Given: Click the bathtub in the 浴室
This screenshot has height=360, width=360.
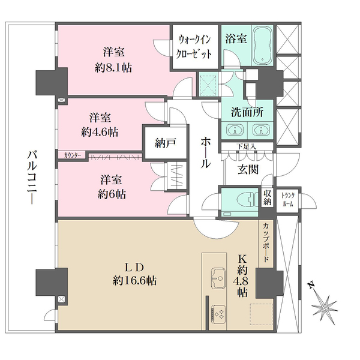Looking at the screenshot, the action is tap(263, 46).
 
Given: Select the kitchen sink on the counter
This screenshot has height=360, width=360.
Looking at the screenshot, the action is tap(218, 278).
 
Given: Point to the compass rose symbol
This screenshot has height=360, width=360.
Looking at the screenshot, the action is tap(324, 307).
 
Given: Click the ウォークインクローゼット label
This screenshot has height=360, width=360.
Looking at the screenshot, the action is tap(194, 47).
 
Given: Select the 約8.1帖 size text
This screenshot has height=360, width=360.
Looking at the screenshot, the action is tap(113, 68).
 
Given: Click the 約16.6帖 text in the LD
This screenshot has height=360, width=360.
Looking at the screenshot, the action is tap(135, 281).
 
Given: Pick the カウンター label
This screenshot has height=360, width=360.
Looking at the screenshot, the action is tap(73, 155).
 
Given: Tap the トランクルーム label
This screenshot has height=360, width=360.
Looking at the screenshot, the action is tap(288, 200).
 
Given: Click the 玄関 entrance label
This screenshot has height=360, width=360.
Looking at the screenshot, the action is tap(248, 169).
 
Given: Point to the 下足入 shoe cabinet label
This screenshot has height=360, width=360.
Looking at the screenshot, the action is tap(247, 146).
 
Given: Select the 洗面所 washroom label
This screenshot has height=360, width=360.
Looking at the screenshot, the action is tap(247, 112).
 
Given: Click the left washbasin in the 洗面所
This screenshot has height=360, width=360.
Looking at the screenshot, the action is tap(235, 130).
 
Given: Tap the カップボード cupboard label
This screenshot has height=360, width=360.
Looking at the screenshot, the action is tap(266, 242).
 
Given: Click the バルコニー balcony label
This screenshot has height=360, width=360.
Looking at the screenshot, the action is tap(31, 177).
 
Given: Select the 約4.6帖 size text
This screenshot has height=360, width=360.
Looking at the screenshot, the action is tap(100, 132).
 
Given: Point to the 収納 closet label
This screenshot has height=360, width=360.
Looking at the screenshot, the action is tap(267, 197).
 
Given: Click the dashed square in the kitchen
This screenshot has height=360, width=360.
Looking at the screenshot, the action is tap(261, 314).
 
